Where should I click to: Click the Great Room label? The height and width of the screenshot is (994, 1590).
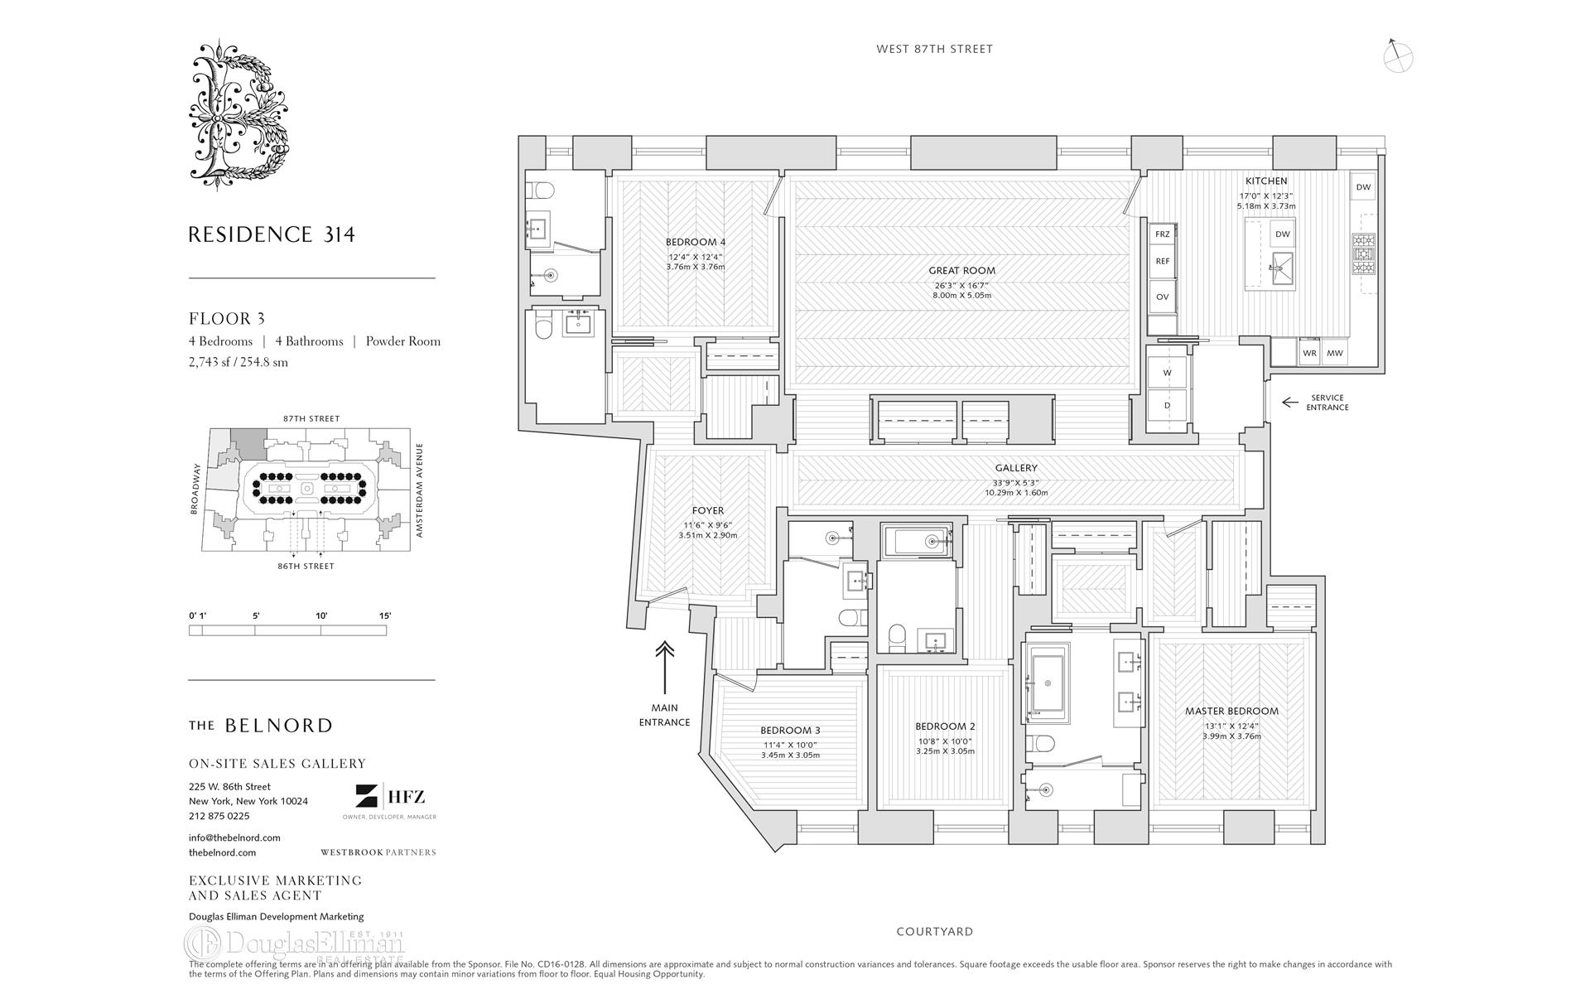(961, 270)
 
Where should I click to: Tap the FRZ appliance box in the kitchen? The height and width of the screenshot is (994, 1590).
(1162, 234)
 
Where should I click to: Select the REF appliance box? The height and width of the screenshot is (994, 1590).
(1162, 261)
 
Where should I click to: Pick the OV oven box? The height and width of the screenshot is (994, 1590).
(1162, 297)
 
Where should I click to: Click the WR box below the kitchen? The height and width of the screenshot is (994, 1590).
(1309, 353)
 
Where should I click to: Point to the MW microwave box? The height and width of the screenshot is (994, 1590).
(1335, 353)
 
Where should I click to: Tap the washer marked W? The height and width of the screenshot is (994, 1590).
(1168, 373)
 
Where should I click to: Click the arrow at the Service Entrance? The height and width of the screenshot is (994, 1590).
(1289, 403)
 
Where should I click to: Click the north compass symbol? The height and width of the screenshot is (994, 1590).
(1398, 56)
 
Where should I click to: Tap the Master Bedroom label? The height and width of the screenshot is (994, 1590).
(1231, 711)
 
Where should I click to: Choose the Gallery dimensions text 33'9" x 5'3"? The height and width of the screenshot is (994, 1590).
(1016, 482)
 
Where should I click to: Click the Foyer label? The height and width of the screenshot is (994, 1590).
(707, 510)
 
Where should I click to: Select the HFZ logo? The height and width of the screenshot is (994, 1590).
(390, 798)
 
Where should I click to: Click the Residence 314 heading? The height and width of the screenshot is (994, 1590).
(272, 234)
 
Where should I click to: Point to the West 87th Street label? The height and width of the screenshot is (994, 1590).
(934, 49)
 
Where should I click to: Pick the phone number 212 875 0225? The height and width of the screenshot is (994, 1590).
(219, 816)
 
